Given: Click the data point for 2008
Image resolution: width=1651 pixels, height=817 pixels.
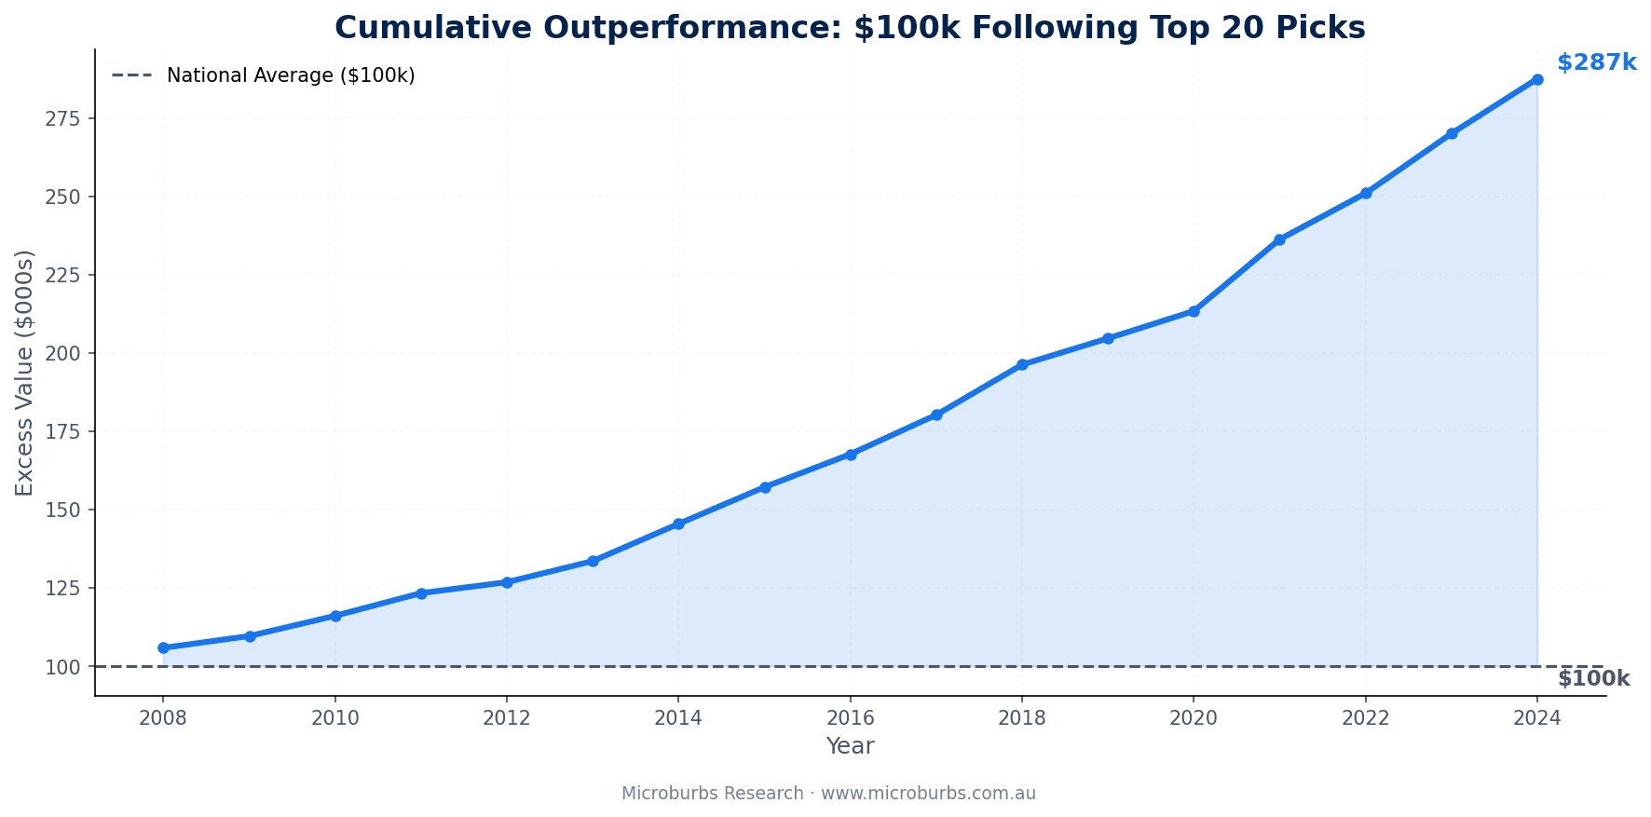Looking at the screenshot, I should (x=163, y=647).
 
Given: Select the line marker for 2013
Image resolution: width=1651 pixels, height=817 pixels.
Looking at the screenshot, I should (x=593, y=561).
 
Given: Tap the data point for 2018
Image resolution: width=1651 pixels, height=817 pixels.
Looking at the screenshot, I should (x=1022, y=364).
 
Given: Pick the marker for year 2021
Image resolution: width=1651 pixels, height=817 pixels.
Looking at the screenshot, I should (x=1279, y=239).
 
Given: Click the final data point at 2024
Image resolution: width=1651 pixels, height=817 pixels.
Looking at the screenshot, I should (x=1537, y=79).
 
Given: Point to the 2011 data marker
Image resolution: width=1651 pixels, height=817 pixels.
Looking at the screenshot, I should (x=421, y=592).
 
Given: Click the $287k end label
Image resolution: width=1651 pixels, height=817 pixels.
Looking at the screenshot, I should (x=1596, y=62).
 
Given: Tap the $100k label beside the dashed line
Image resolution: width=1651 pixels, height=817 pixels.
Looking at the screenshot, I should (x=1593, y=679).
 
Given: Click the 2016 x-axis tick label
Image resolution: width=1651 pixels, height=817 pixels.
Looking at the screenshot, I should (x=850, y=718).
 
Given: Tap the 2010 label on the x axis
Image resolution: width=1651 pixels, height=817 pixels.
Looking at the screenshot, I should (x=335, y=718).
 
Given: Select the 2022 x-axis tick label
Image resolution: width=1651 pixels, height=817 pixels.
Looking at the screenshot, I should (x=1365, y=718).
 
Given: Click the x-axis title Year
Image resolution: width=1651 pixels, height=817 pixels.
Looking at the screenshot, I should (x=850, y=746).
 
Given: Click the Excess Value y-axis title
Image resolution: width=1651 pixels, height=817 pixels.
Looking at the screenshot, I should (x=24, y=373).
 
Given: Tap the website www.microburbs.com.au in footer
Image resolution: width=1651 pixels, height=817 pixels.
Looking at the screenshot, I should (x=928, y=794).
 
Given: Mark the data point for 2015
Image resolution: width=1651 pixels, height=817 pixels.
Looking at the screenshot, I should (x=765, y=487).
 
